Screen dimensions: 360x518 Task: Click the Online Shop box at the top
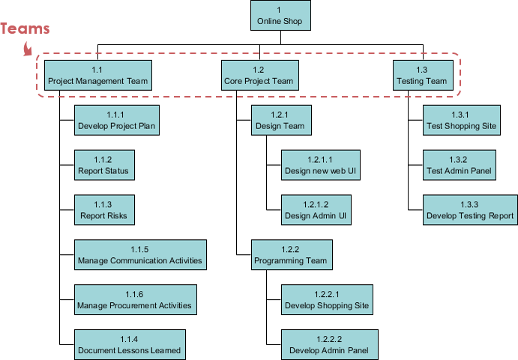tap(279, 16)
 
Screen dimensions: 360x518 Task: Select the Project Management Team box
tap(97, 75)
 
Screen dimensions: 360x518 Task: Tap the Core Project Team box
tap(259, 75)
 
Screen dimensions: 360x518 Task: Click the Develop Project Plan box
tap(117, 120)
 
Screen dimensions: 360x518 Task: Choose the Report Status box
tap(103, 165)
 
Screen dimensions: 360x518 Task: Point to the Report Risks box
tap(103, 210)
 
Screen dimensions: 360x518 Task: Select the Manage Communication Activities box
tap(139, 255)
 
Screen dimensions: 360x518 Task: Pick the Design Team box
tap(280, 120)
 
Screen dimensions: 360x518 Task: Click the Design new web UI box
tap(319, 165)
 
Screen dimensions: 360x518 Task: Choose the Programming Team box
tap(291, 255)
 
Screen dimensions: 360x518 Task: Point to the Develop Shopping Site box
tap(327, 300)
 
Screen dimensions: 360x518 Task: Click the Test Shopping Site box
tap(461, 120)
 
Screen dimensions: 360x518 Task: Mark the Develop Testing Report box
tap(470, 210)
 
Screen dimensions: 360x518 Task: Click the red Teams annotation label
tap(25, 29)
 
